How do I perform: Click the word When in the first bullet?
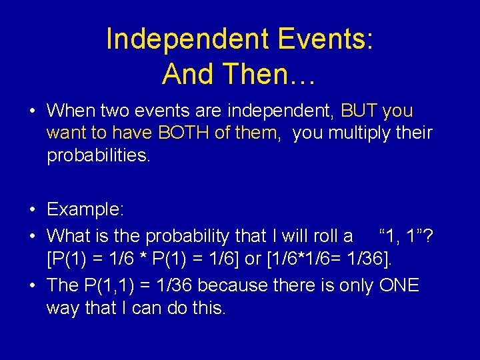71,110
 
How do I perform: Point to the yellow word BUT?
361,110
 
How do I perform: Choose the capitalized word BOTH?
185,133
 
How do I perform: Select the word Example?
85,209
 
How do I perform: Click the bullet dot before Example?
33,209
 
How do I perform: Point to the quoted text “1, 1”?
406,235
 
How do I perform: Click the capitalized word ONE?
399,285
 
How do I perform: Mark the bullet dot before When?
33,110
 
